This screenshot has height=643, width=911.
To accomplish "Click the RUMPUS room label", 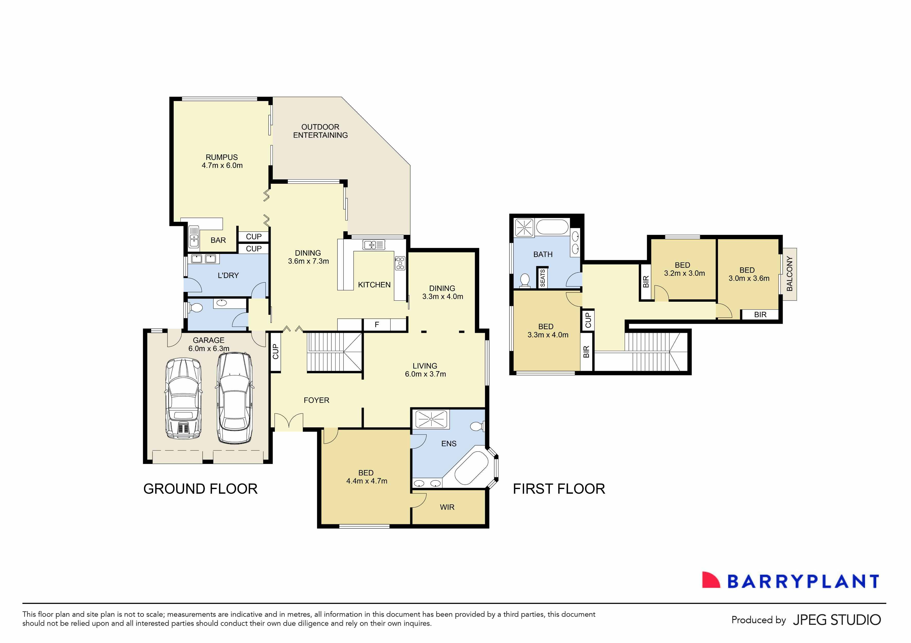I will [x=221, y=157].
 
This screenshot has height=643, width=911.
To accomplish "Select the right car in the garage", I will [x=234, y=398].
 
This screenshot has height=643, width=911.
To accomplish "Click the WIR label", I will [x=447, y=507].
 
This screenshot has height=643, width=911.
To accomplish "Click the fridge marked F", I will [x=377, y=325].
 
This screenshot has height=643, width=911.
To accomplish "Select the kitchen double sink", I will [x=374, y=245].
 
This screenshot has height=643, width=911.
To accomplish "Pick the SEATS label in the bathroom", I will [x=542, y=278].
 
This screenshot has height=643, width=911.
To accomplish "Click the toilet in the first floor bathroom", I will [x=525, y=280].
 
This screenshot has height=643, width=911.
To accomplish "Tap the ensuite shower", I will [x=431, y=419].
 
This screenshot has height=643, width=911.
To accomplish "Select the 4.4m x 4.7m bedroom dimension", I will [x=367, y=481].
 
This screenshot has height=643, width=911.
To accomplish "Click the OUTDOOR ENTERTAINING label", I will [x=320, y=131].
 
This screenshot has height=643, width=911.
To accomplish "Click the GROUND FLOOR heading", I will [x=200, y=489].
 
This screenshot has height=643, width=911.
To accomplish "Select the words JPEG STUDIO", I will [x=836, y=620].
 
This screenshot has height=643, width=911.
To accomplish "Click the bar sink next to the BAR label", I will [x=194, y=236].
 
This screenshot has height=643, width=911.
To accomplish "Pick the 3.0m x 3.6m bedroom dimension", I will [x=749, y=278].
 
